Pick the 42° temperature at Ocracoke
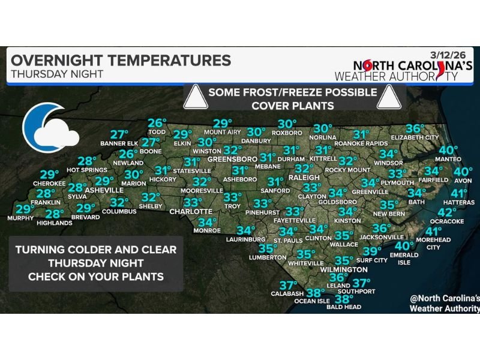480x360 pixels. click(x=447, y=212)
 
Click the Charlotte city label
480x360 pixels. click(x=191, y=212)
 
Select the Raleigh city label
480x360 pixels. click(x=300, y=178)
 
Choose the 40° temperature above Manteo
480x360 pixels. click(x=448, y=150)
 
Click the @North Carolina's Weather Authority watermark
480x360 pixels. click(x=444, y=303)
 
